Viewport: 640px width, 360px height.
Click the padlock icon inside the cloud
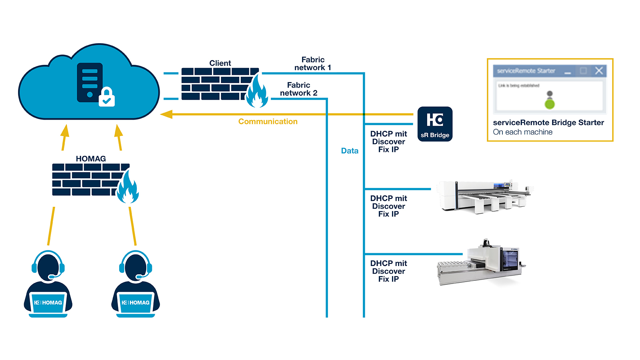click(107, 97)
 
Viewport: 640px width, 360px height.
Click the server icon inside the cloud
click(90, 82)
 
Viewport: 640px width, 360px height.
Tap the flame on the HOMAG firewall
click(128, 187)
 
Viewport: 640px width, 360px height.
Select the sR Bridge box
click(435, 124)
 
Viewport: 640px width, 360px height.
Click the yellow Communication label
click(268, 122)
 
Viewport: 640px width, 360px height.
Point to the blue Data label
click(350, 151)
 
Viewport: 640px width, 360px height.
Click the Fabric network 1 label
click(313, 64)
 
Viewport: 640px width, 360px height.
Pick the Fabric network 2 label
click(298, 89)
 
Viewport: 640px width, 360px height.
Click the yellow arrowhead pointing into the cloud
click(166, 114)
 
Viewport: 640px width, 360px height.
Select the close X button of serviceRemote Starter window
click(599, 71)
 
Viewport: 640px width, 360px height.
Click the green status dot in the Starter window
click(550, 104)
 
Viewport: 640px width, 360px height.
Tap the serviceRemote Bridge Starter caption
click(548, 123)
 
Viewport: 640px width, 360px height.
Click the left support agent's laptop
click(48, 304)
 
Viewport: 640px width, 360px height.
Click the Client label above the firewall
click(220, 63)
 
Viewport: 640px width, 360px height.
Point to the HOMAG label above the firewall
click(91, 159)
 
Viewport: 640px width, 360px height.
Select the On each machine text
click(522, 132)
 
